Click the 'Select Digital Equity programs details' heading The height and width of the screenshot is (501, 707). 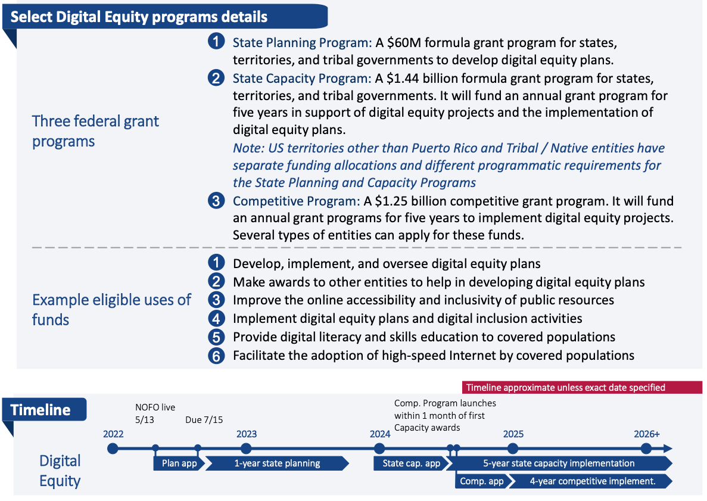click(139, 17)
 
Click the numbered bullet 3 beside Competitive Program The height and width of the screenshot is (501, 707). click(216, 201)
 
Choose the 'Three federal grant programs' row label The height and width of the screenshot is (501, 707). click(95, 131)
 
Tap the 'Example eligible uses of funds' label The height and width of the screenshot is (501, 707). click(111, 309)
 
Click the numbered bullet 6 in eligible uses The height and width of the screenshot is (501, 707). click(216, 356)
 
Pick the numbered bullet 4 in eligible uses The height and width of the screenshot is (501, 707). click(216, 319)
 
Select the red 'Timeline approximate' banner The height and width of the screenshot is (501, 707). click(565, 387)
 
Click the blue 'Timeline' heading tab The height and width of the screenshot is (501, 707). click(41, 410)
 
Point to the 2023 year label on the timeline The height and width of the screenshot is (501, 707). click(246, 434)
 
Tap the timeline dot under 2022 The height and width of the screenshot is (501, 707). click(113, 448)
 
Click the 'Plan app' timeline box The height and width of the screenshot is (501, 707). click(175, 463)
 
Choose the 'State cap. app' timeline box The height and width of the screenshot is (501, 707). click(411, 463)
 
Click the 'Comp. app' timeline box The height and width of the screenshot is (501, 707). click(481, 481)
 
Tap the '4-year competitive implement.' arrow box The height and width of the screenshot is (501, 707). click(592, 481)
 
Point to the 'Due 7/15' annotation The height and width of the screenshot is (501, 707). click(204, 419)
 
